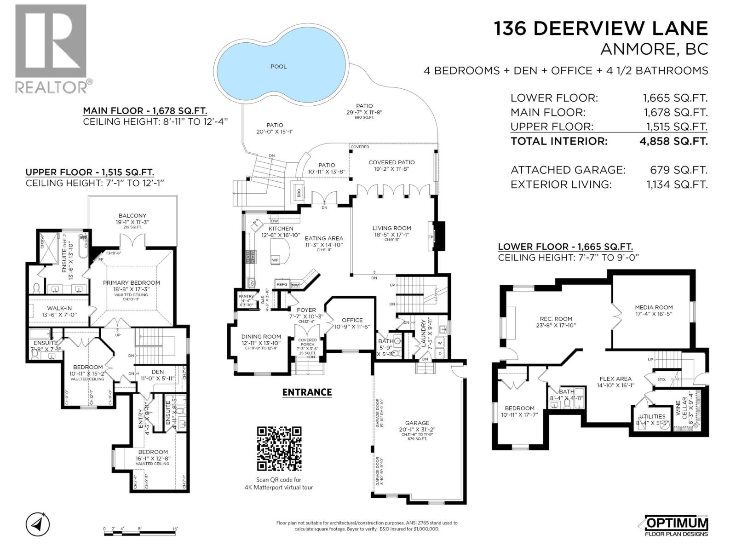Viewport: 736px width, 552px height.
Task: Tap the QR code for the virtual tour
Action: pos(279,448)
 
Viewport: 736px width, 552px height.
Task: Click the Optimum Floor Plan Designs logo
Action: pos(676,526)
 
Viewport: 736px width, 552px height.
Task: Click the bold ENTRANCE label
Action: pos(307,392)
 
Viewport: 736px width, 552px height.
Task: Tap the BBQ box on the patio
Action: pos(298,190)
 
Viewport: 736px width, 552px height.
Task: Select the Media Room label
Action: pos(654,307)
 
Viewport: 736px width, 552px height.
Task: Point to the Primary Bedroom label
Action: pos(132,283)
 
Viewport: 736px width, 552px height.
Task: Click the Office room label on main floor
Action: pos(352,320)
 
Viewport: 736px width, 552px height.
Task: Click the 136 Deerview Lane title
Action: pos(601,29)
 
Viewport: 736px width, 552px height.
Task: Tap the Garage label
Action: pos(417,423)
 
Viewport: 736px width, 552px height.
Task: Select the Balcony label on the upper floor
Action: pos(132,215)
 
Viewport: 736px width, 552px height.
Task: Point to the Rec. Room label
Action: pos(556,319)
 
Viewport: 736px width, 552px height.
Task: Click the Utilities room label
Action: pos(652,416)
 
